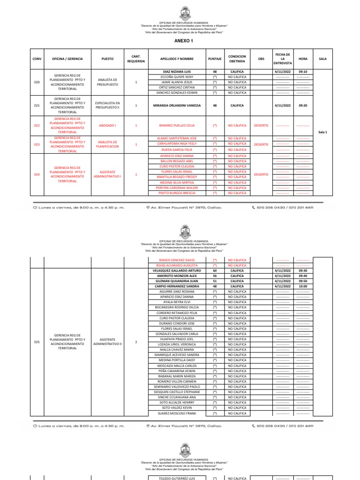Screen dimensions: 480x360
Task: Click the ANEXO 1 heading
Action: click(183, 41)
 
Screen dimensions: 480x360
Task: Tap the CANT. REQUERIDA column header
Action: click(136, 59)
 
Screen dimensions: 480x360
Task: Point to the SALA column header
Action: click(322, 59)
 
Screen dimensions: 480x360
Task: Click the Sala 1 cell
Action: click(322, 132)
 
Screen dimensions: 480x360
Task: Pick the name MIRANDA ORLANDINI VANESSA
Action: click(177, 105)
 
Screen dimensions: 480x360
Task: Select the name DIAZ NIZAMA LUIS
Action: click(177, 71)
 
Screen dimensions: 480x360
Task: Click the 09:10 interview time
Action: click(303, 71)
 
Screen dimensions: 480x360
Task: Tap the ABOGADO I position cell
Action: click(107, 126)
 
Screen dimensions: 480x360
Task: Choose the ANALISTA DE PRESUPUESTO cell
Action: click(107, 82)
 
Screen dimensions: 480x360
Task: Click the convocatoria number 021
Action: click(37, 105)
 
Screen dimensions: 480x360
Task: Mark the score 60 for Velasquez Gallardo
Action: click(215, 270)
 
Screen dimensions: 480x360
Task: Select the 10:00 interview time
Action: click(303, 286)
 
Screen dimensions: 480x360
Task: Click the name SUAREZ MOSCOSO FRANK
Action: click(177, 413)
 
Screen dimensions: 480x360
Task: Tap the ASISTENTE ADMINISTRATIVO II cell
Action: click(107, 342)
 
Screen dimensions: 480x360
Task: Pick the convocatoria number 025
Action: click(37, 342)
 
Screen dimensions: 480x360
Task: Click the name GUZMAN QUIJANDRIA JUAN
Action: click(177, 281)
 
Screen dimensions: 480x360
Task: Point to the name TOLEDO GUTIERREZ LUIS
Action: click(177, 478)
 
